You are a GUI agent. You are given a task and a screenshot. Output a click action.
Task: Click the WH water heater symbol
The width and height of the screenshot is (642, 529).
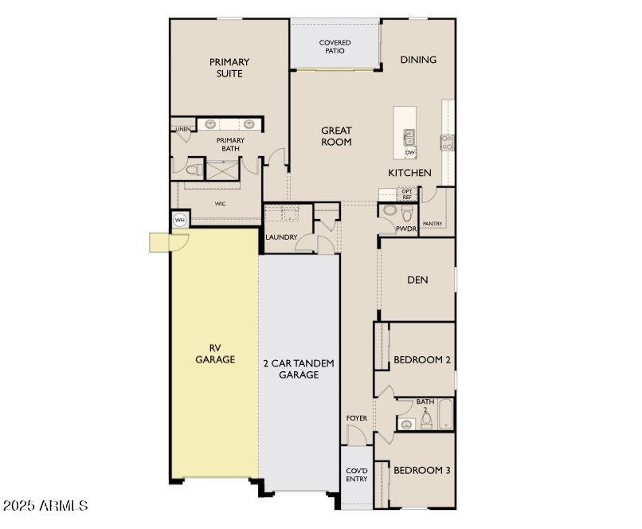point(179,220)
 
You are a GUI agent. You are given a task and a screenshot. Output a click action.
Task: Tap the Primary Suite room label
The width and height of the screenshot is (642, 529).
point(229,68)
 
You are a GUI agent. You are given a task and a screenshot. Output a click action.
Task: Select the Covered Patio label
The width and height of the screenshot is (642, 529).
point(335,47)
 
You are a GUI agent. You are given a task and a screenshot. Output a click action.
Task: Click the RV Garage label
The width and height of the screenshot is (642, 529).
point(215,354)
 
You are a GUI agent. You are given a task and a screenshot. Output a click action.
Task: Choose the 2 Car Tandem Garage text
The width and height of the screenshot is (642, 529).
point(299,369)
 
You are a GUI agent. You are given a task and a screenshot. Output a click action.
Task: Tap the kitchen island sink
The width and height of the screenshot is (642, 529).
point(409,136)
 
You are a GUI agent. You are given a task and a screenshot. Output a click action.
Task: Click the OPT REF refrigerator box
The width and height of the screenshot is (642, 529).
point(407,194)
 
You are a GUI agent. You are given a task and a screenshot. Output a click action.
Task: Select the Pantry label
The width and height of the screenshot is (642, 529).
point(433,224)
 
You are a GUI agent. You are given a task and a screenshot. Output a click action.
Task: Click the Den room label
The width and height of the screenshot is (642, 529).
point(417,280)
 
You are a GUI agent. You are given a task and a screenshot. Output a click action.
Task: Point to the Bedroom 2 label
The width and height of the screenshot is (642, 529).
point(422,360)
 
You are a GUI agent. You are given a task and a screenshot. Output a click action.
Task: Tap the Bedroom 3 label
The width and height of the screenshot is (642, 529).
point(422,470)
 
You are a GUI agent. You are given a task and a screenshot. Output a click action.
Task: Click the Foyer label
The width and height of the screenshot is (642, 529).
point(356,418)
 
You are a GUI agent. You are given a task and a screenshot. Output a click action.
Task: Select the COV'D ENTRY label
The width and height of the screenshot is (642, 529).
point(356,475)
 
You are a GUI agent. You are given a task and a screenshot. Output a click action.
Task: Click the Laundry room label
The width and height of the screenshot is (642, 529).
point(281,237)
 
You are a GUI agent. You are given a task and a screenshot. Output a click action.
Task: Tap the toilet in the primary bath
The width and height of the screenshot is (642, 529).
point(191,170)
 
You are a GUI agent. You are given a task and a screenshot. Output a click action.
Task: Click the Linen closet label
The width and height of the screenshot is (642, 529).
point(183,128)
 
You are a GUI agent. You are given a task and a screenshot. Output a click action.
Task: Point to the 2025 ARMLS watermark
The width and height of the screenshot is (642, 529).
point(45,506)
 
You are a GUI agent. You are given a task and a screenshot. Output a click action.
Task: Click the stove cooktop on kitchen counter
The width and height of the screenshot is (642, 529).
point(448,143)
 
